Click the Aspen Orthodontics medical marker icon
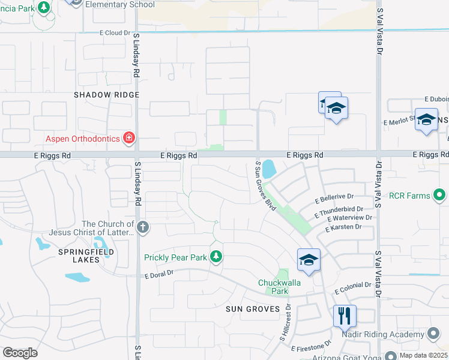pos(128,139)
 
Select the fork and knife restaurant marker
pos(345,316)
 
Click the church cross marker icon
pos(142,227)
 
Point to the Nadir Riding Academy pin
pos(434,334)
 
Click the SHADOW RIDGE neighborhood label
pos(106,95)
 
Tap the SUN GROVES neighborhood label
pos(253,308)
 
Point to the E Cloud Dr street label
pos(116,33)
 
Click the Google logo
pos(20,353)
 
